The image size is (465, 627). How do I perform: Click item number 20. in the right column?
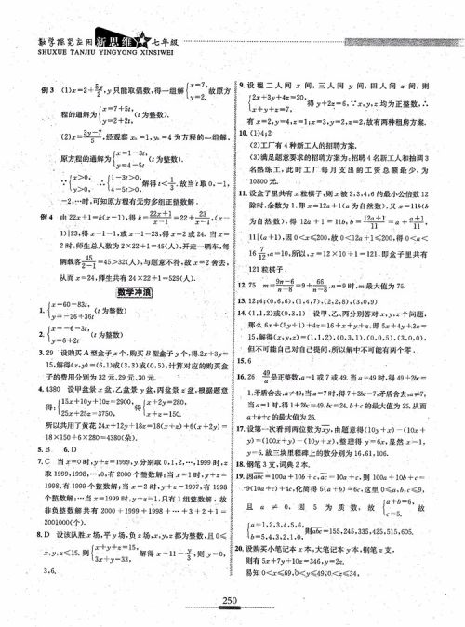coord(244,573)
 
